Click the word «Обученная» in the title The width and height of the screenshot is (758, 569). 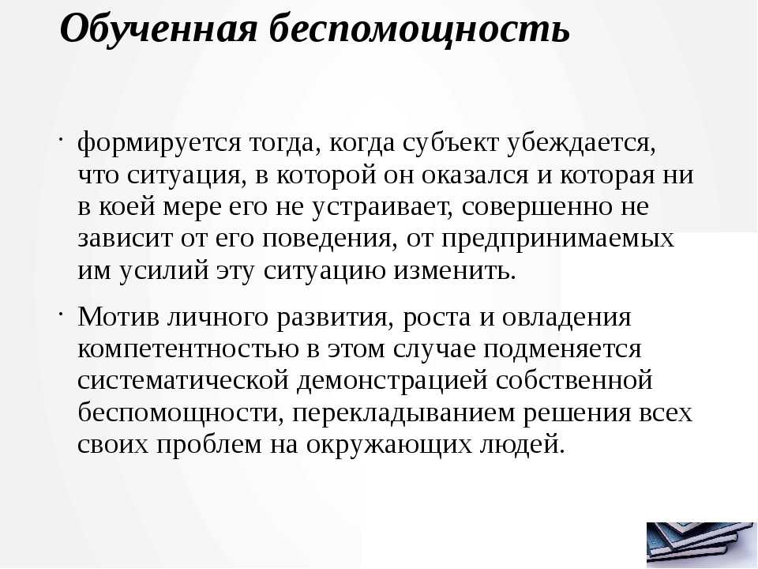pyautogui.click(x=159, y=28)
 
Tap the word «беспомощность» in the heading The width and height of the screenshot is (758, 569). pyautogui.click(x=419, y=29)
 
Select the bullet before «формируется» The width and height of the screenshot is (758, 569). pyautogui.click(x=62, y=139)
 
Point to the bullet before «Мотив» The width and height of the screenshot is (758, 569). pyautogui.click(x=62, y=314)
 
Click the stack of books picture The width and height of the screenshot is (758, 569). pyautogui.click(x=701, y=544)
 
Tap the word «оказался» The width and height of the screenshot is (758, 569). pyautogui.click(x=475, y=175)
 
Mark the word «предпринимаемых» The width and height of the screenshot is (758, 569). pyautogui.click(x=558, y=239)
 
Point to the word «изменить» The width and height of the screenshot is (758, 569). pyautogui.click(x=455, y=270)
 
